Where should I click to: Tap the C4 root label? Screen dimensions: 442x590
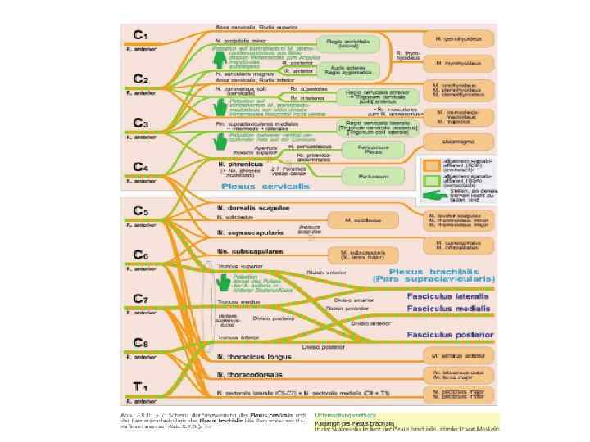(x=141, y=168)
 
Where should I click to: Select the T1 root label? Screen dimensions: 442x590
(x=141, y=387)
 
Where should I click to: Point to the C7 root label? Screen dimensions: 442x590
(x=141, y=299)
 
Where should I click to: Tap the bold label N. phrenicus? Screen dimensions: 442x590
(x=238, y=164)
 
